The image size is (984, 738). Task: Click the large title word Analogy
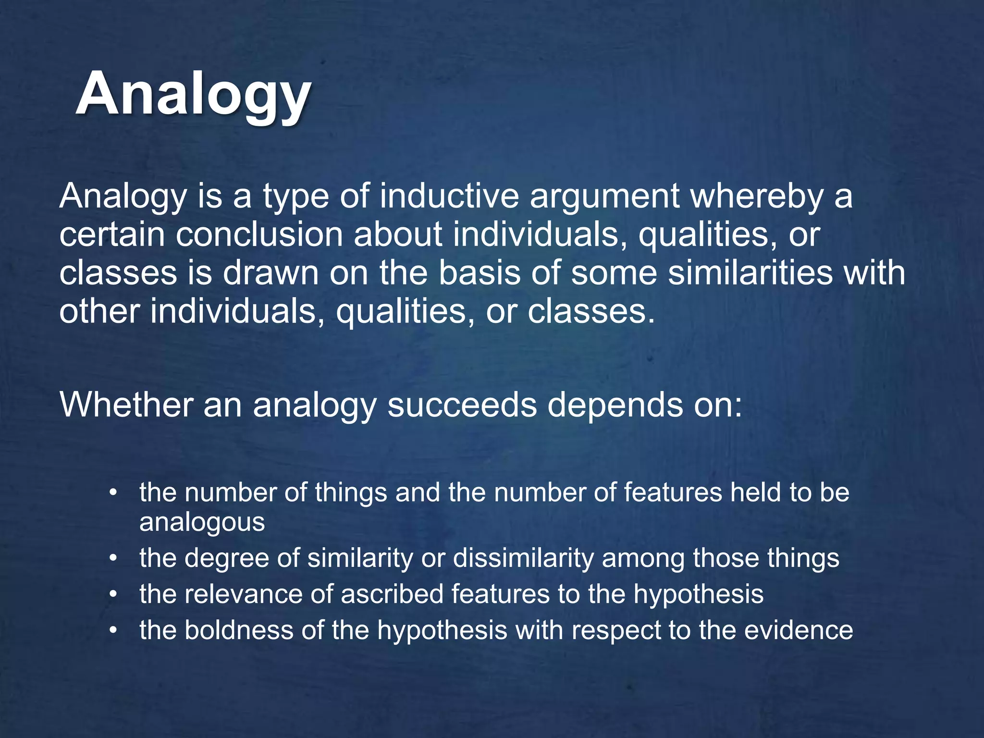tap(193, 94)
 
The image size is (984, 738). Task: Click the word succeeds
tap(462, 405)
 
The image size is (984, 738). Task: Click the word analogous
tap(202, 522)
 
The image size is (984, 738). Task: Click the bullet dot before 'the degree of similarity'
tap(113, 559)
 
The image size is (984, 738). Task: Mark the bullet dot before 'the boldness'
tap(113, 630)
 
